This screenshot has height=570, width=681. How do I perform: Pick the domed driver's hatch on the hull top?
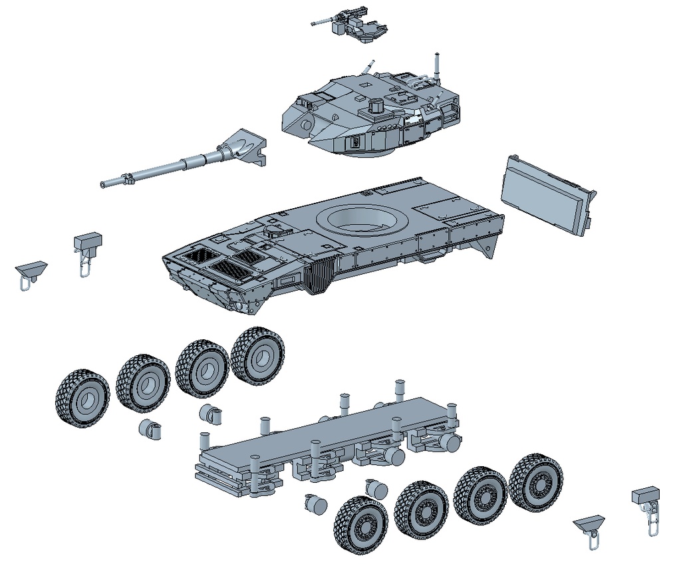tap(273, 231)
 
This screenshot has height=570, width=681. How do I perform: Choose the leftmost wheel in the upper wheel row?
tap(82, 399)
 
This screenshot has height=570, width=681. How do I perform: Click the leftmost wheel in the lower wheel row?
tap(361, 525)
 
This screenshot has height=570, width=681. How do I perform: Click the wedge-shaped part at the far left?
tap(31, 270)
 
